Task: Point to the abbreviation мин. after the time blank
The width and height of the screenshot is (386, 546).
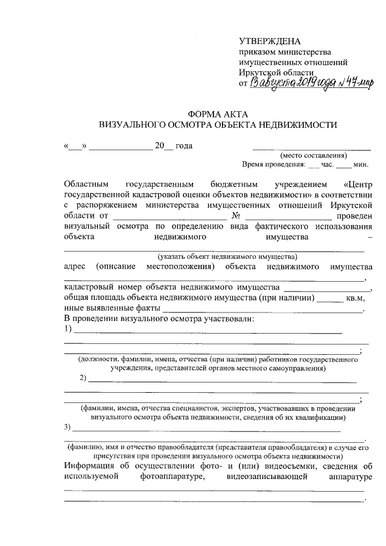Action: (x=361, y=164)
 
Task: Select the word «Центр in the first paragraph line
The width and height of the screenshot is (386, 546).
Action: (x=356, y=183)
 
